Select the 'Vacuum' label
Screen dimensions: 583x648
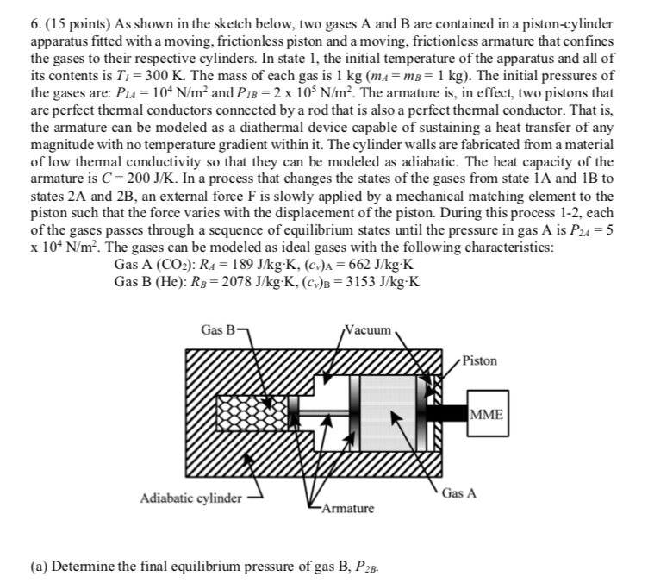(x=369, y=329)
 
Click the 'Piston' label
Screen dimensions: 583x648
(x=480, y=360)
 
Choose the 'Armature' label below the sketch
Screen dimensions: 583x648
(x=348, y=508)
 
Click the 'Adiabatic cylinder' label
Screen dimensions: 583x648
(x=190, y=498)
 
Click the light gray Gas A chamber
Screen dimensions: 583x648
(x=387, y=412)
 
